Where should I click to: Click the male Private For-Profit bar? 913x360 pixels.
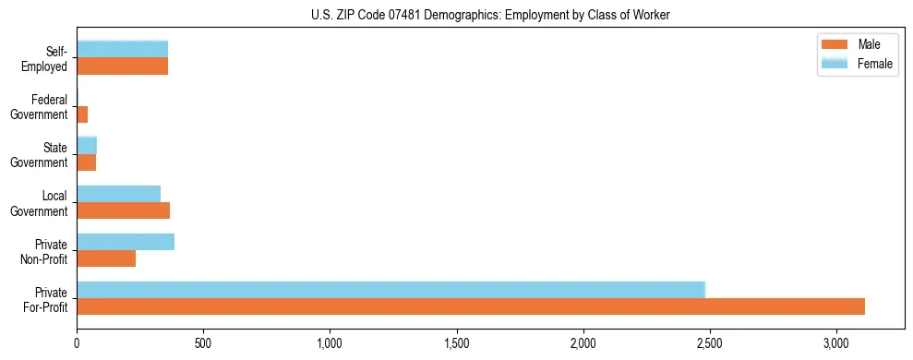pyautogui.click(x=471, y=306)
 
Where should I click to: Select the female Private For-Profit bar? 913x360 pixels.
pyautogui.click(x=390, y=290)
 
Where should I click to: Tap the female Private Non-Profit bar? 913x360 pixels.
pyautogui.click(x=126, y=242)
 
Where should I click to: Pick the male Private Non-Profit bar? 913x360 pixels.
pyautogui.click(x=106, y=258)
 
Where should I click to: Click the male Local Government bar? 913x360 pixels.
pyautogui.click(x=123, y=210)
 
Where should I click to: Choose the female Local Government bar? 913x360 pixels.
pyautogui.click(x=118, y=194)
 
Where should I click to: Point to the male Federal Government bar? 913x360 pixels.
pyautogui.click(x=82, y=114)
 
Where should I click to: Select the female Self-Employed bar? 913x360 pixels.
pyautogui.click(x=122, y=49)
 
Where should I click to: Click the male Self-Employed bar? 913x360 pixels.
pyautogui.click(x=122, y=66)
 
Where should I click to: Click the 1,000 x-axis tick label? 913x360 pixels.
pyautogui.click(x=330, y=343)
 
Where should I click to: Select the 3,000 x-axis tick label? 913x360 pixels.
pyautogui.click(x=835, y=343)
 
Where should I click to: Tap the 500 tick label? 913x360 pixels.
pyautogui.click(x=203, y=343)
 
